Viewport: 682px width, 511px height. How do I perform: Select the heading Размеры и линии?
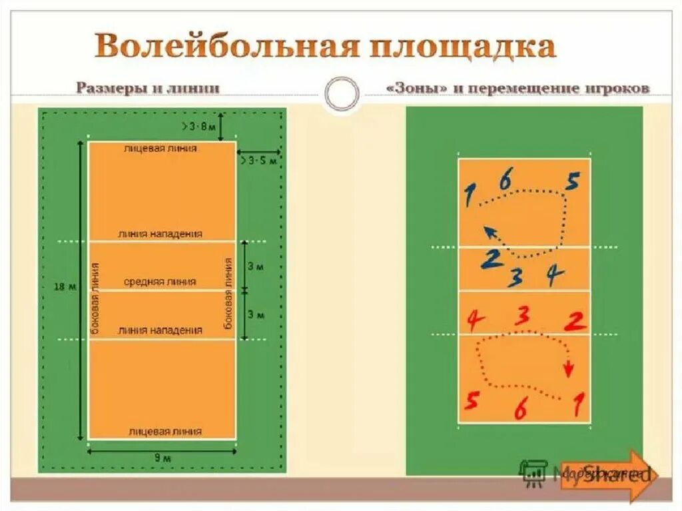click(x=147, y=88)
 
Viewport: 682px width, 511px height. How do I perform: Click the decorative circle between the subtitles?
click(x=342, y=93)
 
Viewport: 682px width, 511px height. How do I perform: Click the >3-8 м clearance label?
click(x=198, y=125)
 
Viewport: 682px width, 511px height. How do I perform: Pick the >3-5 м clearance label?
click(x=258, y=161)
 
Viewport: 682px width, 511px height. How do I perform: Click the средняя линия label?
click(x=160, y=282)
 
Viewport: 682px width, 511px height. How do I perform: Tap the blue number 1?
click(x=470, y=195)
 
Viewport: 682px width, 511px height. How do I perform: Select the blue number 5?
click(x=573, y=181)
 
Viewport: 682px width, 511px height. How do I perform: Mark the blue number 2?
click(x=492, y=258)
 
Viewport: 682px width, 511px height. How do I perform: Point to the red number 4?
click(x=474, y=320)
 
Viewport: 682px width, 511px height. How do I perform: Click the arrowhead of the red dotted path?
click(x=569, y=368)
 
